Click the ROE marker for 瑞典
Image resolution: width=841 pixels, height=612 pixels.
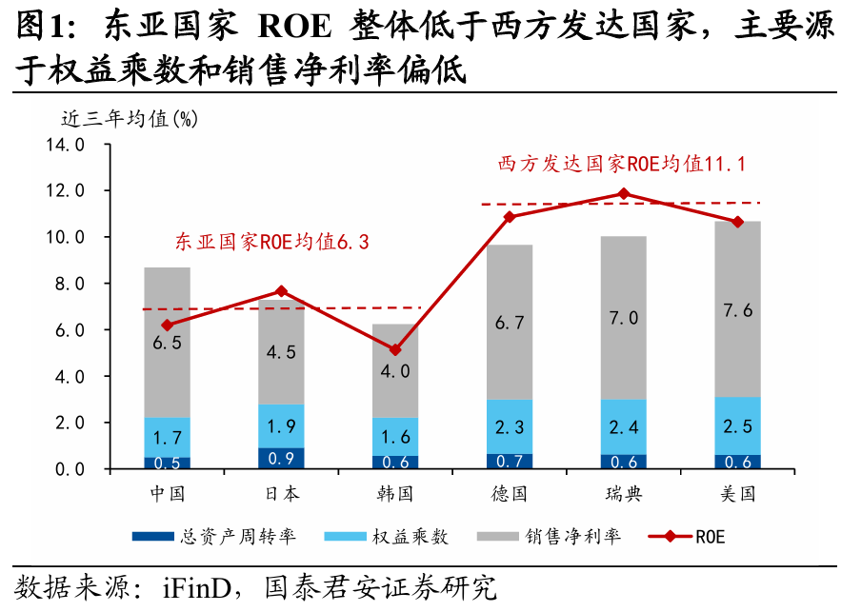(x=624, y=194)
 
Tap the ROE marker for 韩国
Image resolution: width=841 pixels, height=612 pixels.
(x=395, y=350)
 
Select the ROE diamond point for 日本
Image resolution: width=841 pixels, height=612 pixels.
(x=281, y=291)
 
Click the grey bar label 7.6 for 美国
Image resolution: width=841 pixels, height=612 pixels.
(x=738, y=310)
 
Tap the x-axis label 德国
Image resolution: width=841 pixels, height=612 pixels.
(x=510, y=494)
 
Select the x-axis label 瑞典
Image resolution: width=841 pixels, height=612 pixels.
(x=624, y=494)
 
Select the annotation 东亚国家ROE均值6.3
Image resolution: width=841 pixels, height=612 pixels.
(x=271, y=242)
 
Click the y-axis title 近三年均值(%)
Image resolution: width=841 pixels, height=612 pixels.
(x=130, y=119)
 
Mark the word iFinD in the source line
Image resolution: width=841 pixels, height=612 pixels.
(x=185, y=584)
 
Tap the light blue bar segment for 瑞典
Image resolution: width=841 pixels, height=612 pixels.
(x=624, y=426)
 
